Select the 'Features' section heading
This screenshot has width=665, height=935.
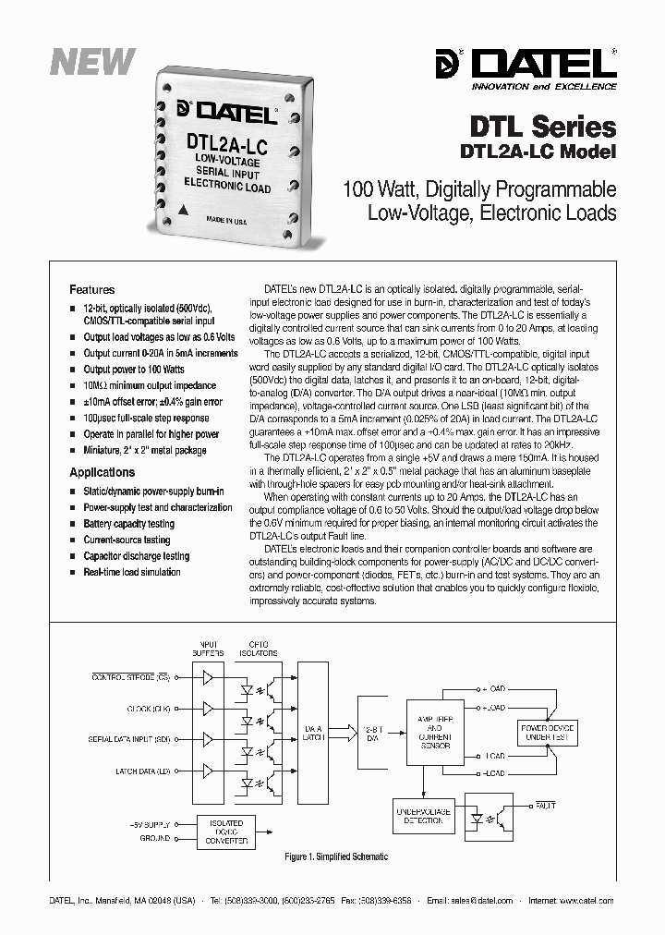(x=92, y=289)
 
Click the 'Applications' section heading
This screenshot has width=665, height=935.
(x=103, y=472)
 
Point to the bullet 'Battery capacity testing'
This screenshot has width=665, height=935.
(x=128, y=524)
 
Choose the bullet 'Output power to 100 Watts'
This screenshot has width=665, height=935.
(x=134, y=369)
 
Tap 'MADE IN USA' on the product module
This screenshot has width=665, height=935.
(x=226, y=221)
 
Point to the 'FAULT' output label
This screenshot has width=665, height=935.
(x=545, y=806)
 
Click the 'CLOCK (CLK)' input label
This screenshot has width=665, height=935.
(x=149, y=710)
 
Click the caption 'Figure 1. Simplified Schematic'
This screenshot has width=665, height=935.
(x=336, y=856)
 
